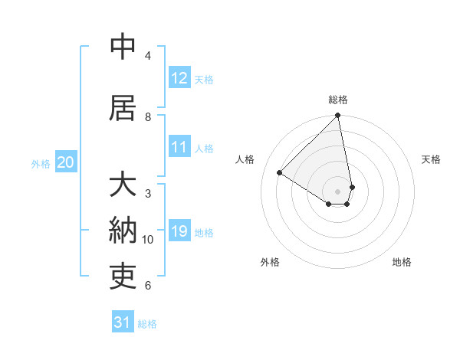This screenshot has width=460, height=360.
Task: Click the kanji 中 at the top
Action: click(123, 47)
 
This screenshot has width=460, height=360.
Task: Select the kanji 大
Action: click(123, 186)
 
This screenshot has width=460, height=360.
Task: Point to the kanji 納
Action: click(123, 231)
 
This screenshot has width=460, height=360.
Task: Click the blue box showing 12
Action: click(179, 78)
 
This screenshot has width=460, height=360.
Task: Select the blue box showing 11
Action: click(179, 147)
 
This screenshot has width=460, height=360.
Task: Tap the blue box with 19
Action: click(179, 231)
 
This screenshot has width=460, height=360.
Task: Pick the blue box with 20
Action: click(66, 162)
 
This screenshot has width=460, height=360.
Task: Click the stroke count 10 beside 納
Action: click(148, 240)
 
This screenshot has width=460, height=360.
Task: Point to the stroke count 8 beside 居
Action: click(148, 117)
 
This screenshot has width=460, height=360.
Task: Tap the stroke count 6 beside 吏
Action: click(148, 286)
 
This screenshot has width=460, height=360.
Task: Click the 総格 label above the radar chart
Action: click(338, 100)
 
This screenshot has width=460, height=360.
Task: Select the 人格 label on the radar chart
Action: click(245, 159)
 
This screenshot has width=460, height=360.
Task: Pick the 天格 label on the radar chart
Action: click(431, 159)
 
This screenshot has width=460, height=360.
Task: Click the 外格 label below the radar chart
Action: click(270, 262)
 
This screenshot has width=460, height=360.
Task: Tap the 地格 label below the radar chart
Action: click(402, 262)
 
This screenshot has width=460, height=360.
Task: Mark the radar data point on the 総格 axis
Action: click(338, 116)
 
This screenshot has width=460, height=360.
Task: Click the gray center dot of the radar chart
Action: click(338, 191)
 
